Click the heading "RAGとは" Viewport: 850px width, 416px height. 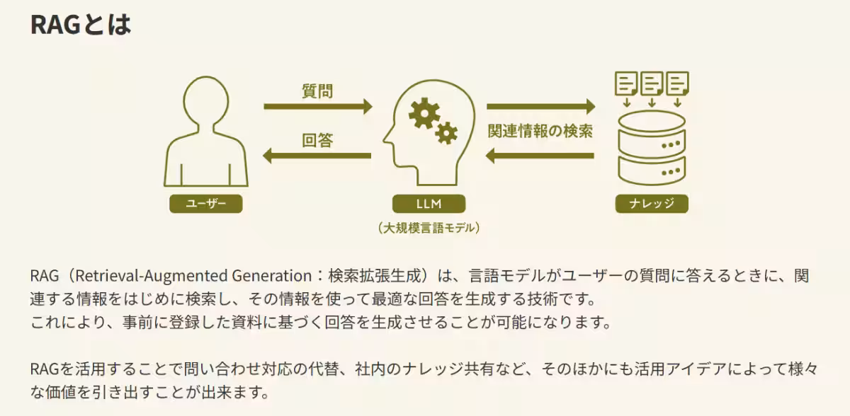[81, 25]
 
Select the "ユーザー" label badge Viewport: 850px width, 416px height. [206, 204]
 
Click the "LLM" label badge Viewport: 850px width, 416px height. [429, 204]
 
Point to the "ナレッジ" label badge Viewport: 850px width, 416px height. [652, 204]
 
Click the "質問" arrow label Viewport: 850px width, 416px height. [317, 91]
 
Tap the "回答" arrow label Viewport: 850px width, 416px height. [317, 140]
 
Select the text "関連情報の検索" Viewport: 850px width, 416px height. [540, 131]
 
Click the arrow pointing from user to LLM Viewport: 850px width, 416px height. [317, 107]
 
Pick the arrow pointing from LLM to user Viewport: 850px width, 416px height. [317, 156]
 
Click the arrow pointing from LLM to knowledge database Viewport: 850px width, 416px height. [540, 107]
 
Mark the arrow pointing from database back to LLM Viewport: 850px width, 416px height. [540, 156]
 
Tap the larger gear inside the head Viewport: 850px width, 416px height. [424, 113]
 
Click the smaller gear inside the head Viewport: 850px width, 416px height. [446, 132]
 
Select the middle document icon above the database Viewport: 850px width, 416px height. [652, 83]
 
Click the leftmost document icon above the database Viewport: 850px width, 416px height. [627, 83]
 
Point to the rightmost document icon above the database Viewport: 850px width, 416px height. [677, 83]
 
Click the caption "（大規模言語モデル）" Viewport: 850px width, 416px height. [429, 228]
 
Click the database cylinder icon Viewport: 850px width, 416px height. [652, 149]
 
